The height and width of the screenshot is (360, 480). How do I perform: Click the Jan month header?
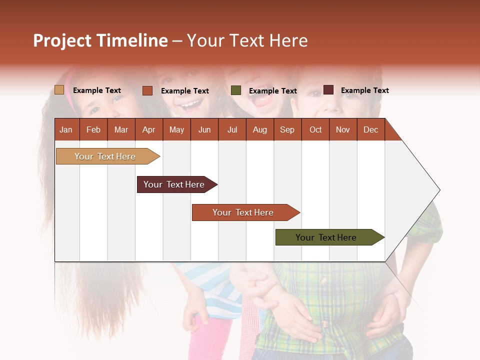coord(66,129)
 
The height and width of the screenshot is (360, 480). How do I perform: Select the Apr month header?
coord(148,129)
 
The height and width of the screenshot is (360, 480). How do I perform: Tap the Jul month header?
coord(232,129)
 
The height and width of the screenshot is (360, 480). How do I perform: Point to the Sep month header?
coord(287,129)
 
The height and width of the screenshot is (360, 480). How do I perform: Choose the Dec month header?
coord(370,129)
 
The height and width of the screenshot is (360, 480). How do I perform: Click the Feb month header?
coord(93,129)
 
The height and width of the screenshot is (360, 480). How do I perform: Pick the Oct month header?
coord(315,129)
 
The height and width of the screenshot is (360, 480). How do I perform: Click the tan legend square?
coord(59,90)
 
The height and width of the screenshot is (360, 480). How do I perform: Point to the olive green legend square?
coord(236,90)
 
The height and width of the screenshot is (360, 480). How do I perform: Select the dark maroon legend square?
coord(328,90)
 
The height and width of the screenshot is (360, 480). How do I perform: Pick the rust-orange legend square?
coord(147,90)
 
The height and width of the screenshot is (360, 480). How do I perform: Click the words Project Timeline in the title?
coord(100,40)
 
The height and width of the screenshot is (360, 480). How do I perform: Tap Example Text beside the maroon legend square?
coord(364,90)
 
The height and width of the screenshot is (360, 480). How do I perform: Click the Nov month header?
coord(343,129)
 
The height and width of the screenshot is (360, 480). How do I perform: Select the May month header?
coord(176,129)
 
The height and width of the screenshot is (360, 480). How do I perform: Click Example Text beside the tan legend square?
coord(96,90)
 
